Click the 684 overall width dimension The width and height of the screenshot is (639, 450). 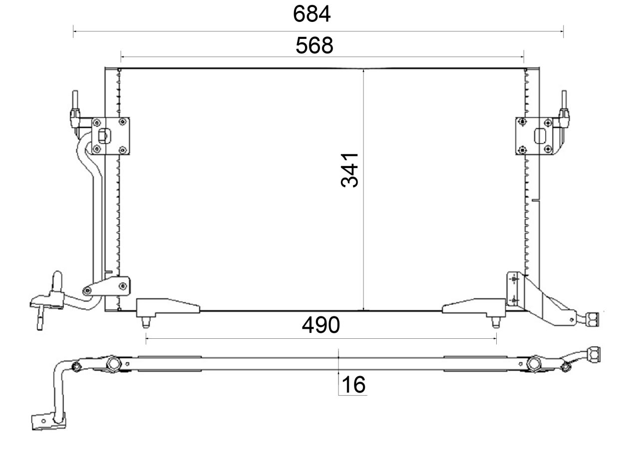click(x=312, y=14)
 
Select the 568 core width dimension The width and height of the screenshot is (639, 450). click(x=314, y=45)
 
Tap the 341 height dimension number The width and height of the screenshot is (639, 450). click(x=350, y=170)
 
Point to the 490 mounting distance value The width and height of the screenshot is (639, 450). click(x=320, y=325)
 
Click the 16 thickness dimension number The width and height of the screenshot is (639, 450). click(x=353, y=385)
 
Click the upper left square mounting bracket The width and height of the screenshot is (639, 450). click(x=110, y=136)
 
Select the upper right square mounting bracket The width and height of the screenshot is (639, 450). click(x=534, y=136)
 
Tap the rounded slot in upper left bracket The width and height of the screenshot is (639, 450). click(x=105, y=136)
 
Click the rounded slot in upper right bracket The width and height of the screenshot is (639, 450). click(x=540, y=136)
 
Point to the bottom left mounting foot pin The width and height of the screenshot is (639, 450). click(x=146, y=322)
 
